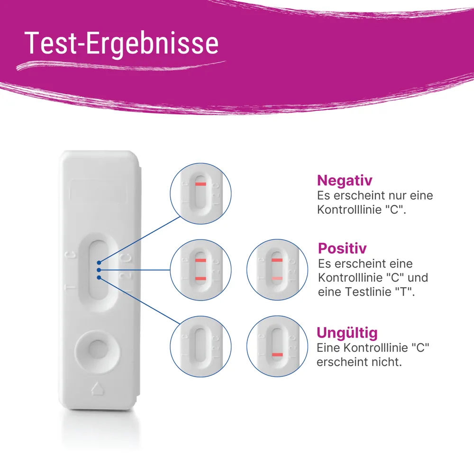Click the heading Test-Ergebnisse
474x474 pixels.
click(121, 44)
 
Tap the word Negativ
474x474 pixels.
click(345, 180)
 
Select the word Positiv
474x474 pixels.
click(342, 248)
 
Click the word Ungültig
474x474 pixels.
click(347, 332)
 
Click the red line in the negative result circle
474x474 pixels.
click(201, 184)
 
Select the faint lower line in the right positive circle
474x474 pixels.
click(277, 278)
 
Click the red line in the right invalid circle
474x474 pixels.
click(277, 355)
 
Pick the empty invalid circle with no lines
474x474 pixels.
click(201, 346)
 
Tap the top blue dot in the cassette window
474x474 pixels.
click(99, 262)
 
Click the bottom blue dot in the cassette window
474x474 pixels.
click(99, 277)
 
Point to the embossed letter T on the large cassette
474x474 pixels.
click(69, 287)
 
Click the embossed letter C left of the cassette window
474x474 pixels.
click(70, 256)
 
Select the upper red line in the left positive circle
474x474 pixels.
click(201, 260)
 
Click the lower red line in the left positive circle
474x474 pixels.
click(201, 278)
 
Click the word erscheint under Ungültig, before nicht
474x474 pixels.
click(342, 362)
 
